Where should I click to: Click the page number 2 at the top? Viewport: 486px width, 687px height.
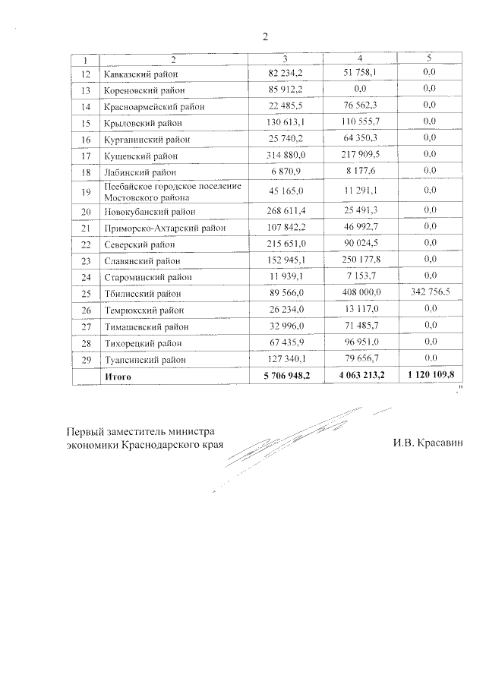click(265, 36)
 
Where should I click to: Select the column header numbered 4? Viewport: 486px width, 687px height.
click(359, 59)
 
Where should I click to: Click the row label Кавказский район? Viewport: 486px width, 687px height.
click(139, 74)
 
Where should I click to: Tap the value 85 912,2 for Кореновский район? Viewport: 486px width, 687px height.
click(286, 90)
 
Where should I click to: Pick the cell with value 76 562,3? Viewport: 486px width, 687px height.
click(359, 106)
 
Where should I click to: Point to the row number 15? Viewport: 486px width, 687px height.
click(85, 122)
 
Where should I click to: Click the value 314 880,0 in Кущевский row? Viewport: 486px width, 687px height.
click(286, 156)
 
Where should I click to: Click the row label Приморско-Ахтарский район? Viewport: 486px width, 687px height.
click(157, 227)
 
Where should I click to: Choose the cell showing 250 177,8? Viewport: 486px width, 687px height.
click(359, 260)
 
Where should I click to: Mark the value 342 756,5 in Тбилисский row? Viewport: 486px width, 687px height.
click(429, 293)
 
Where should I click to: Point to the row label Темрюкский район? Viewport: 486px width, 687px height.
click(140, 310)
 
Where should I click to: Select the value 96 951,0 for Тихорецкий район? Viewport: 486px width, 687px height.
click(359, 342)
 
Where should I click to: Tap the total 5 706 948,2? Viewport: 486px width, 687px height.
click(282, 376)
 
